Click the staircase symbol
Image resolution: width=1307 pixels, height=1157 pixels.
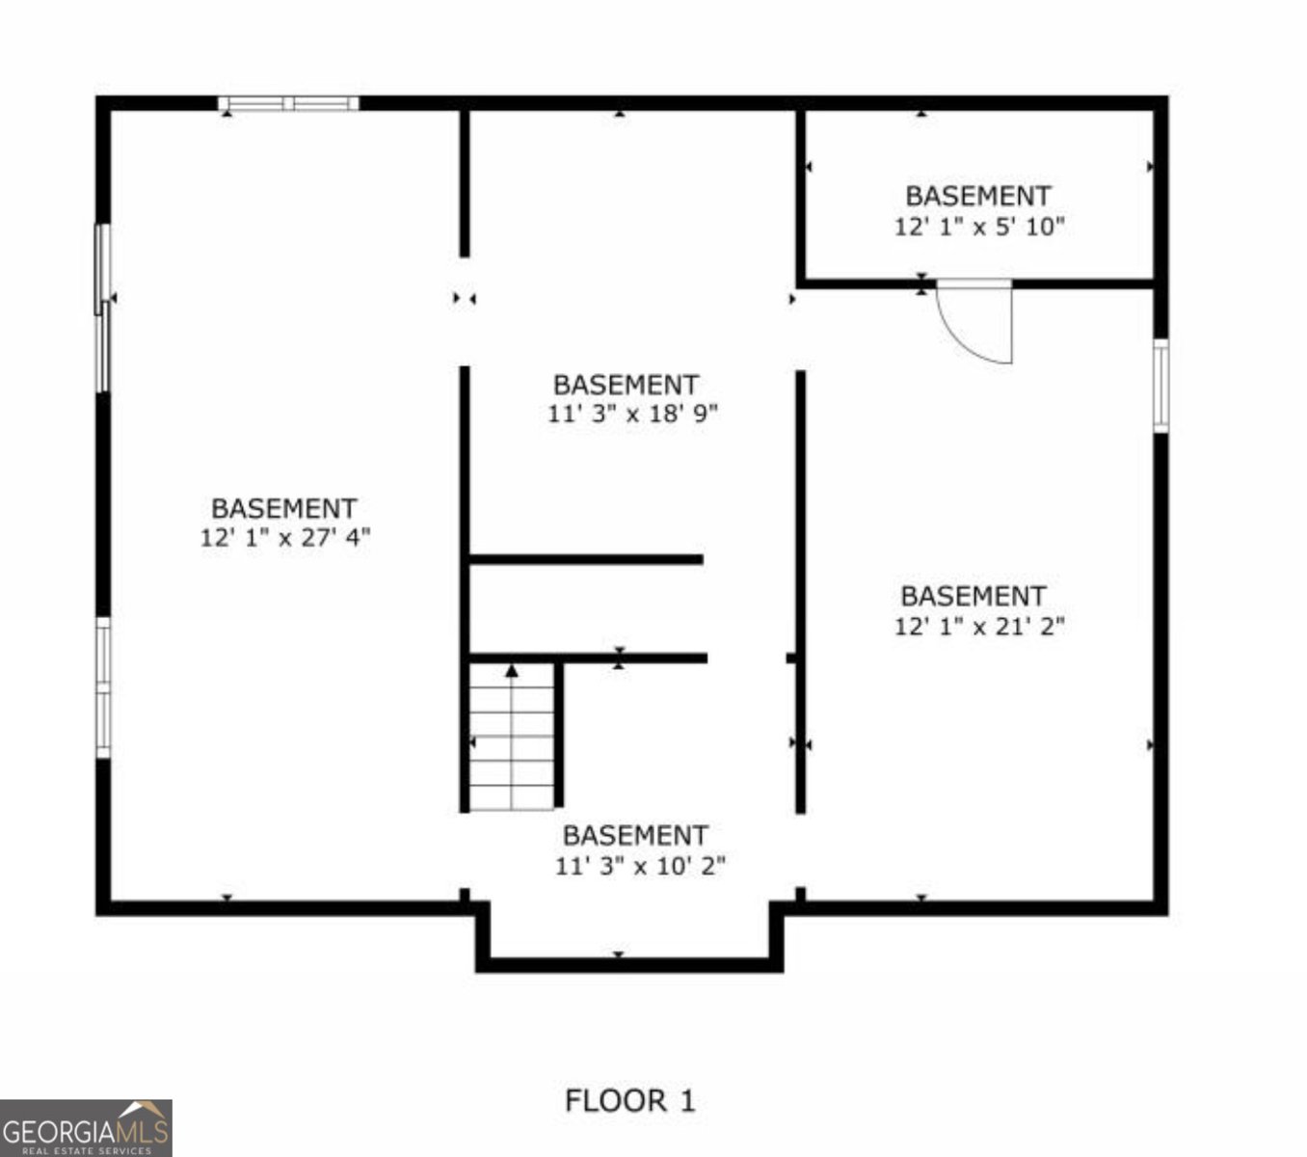click(512, 737)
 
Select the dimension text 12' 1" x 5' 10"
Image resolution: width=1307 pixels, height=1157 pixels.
click(978, 228)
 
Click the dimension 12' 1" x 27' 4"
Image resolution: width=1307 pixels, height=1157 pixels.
click(285, 538)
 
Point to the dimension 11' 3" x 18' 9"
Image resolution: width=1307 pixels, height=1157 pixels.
click(633, 415)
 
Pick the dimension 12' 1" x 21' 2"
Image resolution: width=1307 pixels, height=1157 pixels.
click(979, 627)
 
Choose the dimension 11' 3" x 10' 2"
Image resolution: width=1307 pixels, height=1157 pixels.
click(640, 866)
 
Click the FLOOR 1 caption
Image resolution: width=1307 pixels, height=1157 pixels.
click(629, 1101)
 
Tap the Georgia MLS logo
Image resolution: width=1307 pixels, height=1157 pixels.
click(86, 1127)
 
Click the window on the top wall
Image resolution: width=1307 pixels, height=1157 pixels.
click(288, 104)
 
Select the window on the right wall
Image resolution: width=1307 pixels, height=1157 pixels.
click(1160, 386)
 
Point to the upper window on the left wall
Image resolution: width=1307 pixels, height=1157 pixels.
click(101, 309)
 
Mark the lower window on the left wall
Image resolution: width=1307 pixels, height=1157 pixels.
click(102, 687)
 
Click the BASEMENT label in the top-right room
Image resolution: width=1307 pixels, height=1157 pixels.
click(977, 196)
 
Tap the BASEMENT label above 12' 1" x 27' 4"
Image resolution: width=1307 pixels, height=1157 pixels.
click(284, 508)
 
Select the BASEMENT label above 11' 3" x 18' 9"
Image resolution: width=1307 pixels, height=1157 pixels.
click(626, 385)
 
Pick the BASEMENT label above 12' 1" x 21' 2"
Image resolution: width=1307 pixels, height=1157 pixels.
click(973, 596)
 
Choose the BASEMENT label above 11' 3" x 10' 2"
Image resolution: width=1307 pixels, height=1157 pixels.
click(635, 835)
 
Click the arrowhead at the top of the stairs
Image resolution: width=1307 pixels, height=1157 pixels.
click(512, 670)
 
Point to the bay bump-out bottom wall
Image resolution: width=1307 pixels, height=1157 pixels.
click(629, 964)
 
